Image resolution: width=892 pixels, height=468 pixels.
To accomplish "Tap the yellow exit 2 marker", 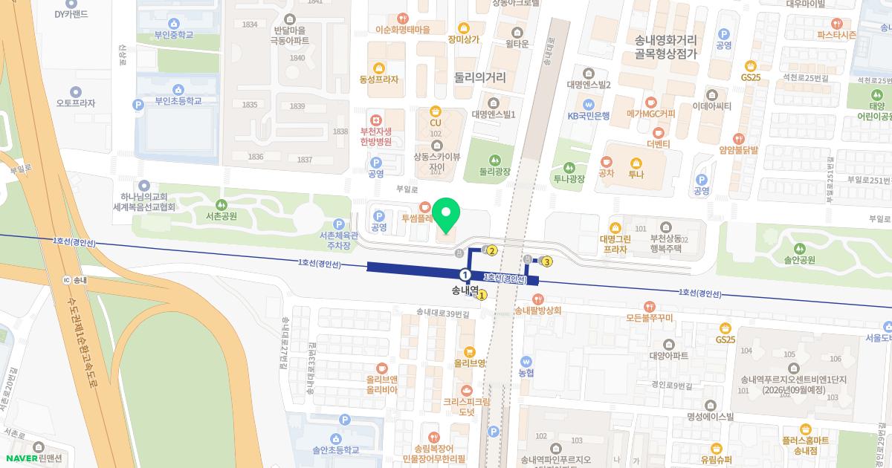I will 492,251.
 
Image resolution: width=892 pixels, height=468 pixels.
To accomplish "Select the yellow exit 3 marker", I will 547,261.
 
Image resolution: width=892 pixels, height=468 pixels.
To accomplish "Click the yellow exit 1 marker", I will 482,295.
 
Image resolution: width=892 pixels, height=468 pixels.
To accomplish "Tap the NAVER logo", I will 22,458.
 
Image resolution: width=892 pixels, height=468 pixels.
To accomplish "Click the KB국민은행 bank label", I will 589,116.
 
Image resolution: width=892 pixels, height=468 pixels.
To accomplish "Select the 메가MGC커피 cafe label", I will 651,114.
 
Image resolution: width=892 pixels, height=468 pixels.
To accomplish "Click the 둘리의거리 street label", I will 480,77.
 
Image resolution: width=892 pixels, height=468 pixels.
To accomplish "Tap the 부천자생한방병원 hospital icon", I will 377,119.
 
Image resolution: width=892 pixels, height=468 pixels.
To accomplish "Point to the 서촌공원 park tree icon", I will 221,204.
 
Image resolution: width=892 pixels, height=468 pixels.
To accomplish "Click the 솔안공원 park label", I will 799,260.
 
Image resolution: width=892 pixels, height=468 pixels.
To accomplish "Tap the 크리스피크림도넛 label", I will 467,406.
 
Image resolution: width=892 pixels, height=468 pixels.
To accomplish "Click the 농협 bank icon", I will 526,361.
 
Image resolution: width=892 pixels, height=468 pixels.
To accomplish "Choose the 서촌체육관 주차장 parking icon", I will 339,224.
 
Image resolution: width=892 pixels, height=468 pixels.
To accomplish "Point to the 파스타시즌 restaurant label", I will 836,35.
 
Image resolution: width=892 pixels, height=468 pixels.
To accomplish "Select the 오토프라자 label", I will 76,103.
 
